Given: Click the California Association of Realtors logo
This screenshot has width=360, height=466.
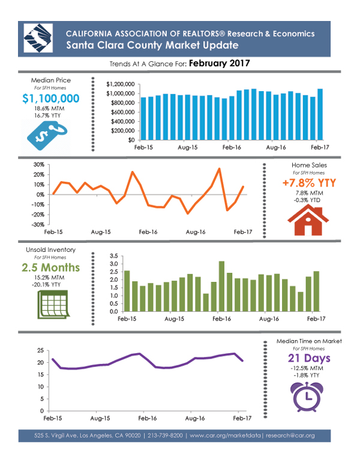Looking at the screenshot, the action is [38, 38].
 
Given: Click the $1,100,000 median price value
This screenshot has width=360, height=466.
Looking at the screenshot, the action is [51, 98].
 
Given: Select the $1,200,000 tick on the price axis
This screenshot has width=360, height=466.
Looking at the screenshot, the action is [121, 84].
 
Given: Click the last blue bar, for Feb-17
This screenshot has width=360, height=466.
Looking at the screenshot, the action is [320, 115].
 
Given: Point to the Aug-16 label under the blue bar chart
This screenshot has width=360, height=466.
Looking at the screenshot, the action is [275, 148].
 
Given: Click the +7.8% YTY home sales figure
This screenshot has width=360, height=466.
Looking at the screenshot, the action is [309, 183].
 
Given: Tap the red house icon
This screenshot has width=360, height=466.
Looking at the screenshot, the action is [308, 221].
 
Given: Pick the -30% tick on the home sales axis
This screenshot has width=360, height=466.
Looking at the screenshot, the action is [38, 225].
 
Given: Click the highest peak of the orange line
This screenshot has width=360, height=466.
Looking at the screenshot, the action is [219, 169].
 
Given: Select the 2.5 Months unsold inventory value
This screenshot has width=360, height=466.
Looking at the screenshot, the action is [50, 267].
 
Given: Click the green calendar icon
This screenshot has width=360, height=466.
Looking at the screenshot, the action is [53, 305].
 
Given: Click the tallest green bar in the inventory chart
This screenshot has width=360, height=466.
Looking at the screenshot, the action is [221, 287].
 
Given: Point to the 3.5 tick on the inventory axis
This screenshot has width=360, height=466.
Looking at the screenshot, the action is [114, 256].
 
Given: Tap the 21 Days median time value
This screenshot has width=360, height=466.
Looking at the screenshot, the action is [309, 359].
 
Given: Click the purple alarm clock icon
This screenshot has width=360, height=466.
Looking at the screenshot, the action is [307, 397].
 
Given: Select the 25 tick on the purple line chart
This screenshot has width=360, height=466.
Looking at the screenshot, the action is [40, 351].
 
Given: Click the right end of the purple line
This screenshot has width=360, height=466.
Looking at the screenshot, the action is [243, 361].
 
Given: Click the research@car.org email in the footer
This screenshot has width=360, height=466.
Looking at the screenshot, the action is [290, 435].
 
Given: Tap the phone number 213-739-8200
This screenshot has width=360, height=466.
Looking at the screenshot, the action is [165, 435].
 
